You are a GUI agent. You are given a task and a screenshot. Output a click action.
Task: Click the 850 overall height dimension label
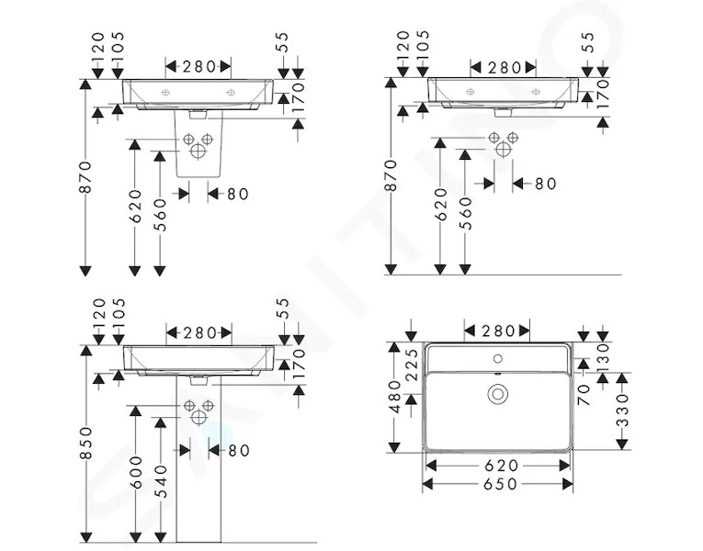pyautogui.click(x=85, y=443)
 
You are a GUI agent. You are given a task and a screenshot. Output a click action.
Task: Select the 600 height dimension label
pyautogui.click(x=135, y=472)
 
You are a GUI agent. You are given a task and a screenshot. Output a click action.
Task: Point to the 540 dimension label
pyautogui.click(x=160, y=481)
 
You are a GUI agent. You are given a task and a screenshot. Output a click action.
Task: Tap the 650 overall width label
pyautogui.click(x=500, y=484)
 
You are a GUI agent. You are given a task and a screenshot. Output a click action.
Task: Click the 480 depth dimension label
pyautogui.click(x=394, y=396)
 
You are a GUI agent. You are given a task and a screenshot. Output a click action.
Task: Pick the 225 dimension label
pyautogui.click(x=412, y=365)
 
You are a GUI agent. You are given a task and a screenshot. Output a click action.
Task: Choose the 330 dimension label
pyautogui.click(x=623, y=410)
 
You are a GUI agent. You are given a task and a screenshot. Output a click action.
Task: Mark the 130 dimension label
pyautogui.click(x=604, y=354)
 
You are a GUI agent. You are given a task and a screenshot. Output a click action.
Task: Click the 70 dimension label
pyautogui.click(x=584, y=396)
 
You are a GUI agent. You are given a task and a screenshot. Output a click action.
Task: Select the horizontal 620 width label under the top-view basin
pyautogui.click(x=501, y=466)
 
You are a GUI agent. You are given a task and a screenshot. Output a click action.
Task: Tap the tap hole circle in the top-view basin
pyautogui.click(x=498, y=358)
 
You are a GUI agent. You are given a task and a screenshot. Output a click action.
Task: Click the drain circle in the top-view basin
pyautogui.click(x=498, y=394)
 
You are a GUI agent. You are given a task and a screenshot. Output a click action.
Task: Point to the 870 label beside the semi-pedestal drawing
pyautogui.click(x=85, y=177)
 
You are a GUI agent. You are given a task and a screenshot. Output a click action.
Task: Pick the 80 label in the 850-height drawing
pyautogui.click(x=239, y=451)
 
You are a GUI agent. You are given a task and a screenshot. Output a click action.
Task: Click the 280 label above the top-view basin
pyautogui.click(x=498, y=331)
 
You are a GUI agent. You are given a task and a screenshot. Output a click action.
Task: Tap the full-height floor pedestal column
pyautogui.click(x=198, y=459)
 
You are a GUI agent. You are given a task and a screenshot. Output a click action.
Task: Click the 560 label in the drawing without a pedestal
pyautogui.click(x=467, y=213)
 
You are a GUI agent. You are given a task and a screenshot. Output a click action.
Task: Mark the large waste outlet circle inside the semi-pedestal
pyautogui.click(x=198, y=151)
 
